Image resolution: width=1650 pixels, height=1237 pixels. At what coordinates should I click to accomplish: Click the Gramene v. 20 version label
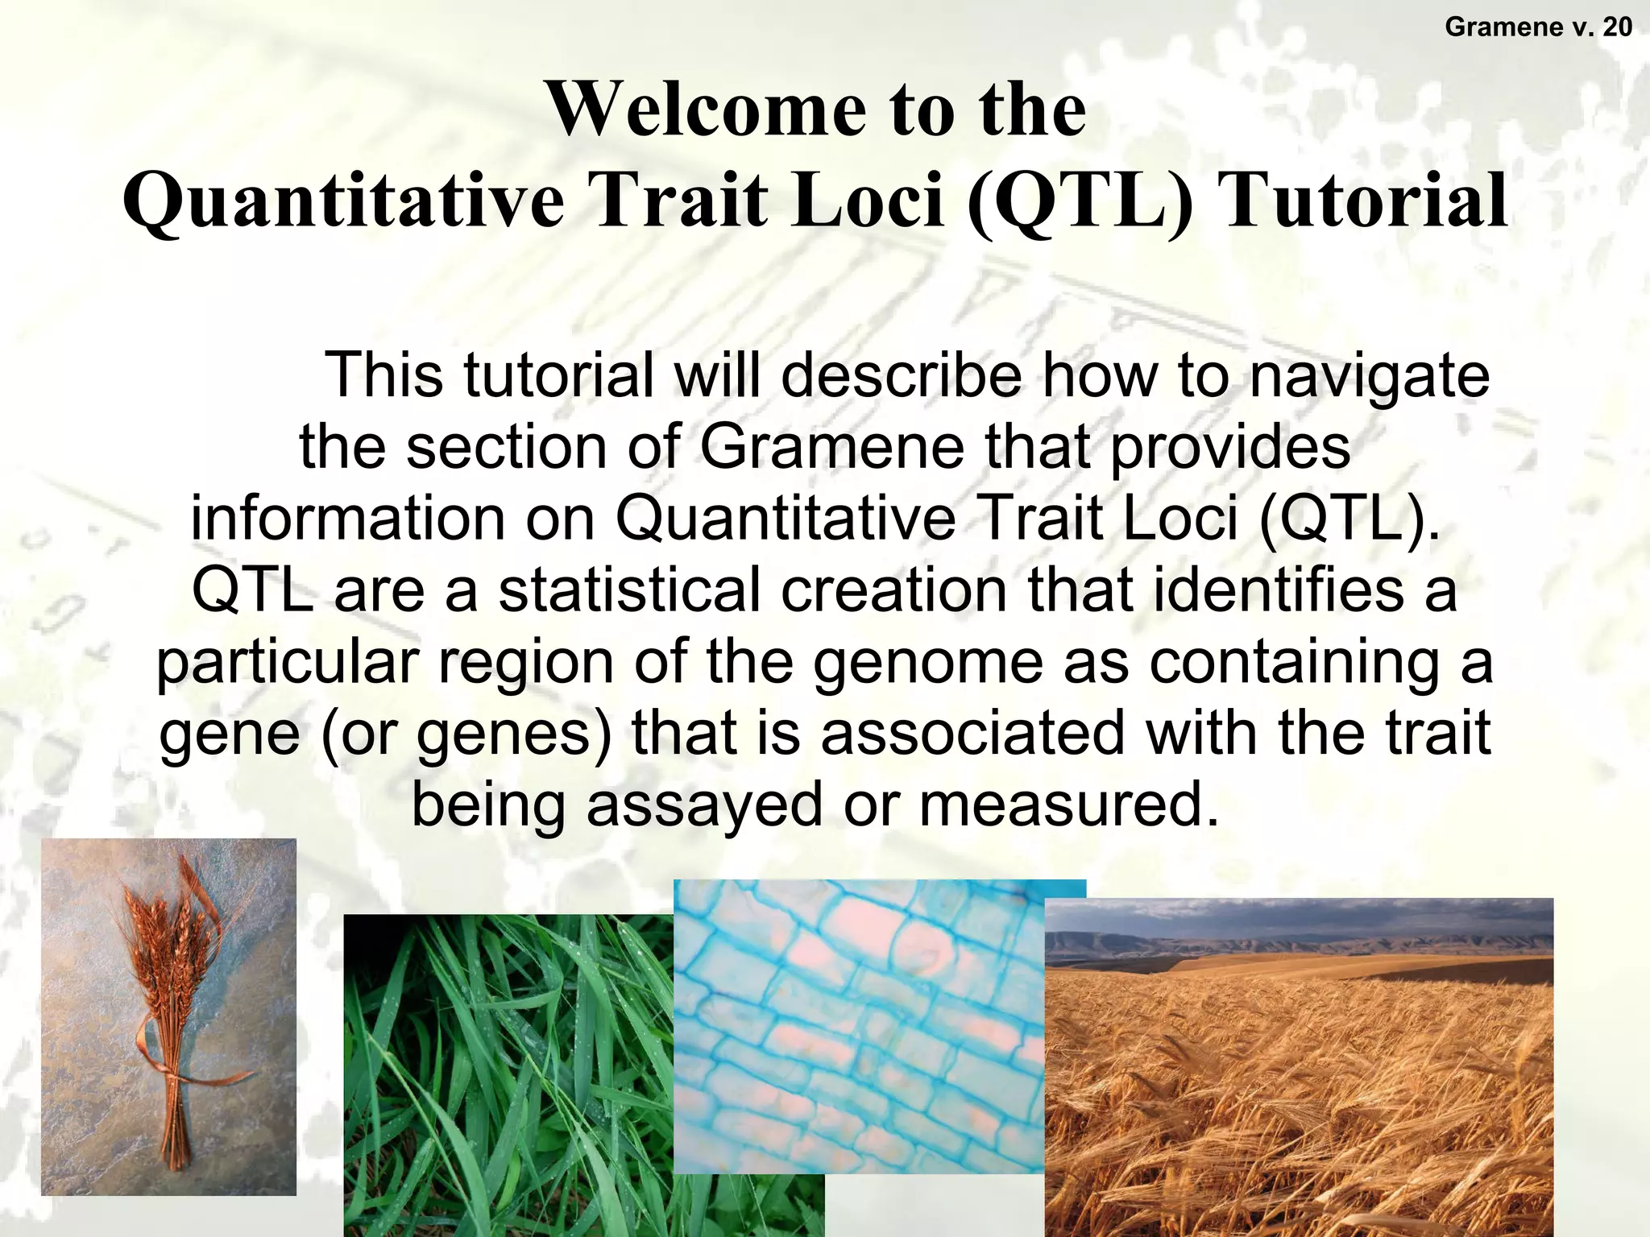click(x=1538, y=27)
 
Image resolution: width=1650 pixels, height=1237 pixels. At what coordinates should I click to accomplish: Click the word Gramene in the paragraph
click(x=831, y=447)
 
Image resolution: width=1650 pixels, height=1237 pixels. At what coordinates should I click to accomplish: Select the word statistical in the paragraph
click(x=629, y=590)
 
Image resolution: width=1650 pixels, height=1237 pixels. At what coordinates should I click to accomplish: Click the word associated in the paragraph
click(x=972, y=732)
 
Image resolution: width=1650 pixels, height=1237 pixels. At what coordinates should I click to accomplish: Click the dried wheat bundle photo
click(x=168, y=1016)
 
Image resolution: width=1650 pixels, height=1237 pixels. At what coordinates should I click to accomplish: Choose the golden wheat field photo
click(x=1297, y=1095)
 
